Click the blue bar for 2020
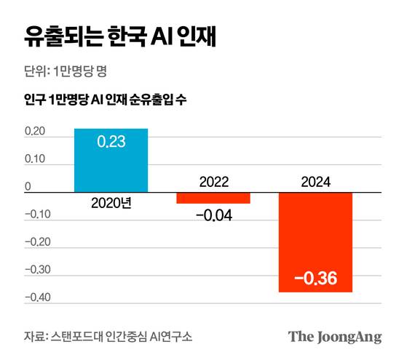[111, 161]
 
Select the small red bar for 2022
[213, 198]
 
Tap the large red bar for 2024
[316, 242]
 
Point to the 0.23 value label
[111, 142]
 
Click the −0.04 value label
[213, 215]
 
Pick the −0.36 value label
[316, 279]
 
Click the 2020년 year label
[111, 203]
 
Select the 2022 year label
[213, 182]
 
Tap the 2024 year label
[316, 182]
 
